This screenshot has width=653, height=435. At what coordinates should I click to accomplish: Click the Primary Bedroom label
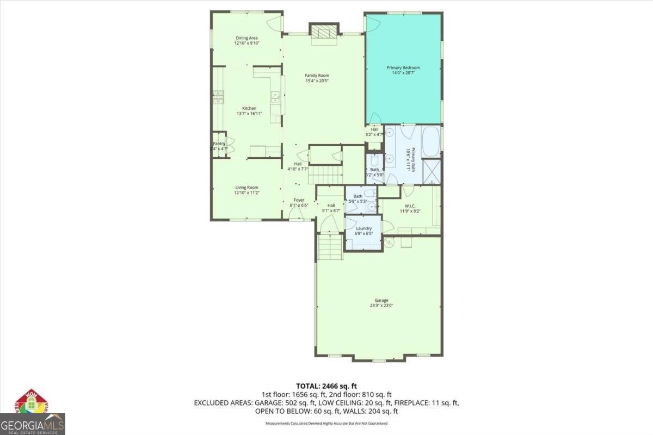[403, 68]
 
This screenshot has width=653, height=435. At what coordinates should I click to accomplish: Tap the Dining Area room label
[247, 38]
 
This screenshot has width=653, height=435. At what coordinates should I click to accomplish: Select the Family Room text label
[317, 76]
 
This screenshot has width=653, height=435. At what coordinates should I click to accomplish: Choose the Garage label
[381, 300]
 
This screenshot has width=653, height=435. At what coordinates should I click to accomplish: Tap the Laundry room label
[364, 228]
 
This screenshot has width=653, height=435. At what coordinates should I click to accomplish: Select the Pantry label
[219, 144]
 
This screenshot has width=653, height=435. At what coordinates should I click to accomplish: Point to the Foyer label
[299, 200]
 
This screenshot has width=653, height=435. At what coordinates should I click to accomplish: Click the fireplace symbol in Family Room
[323, 32]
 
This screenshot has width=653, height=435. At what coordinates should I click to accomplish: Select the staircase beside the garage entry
[330, 247]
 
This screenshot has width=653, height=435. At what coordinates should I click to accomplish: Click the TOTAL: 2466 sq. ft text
[326, 386]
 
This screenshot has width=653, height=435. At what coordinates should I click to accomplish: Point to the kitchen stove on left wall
[219, 97]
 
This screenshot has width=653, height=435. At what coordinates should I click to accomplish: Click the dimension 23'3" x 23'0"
[381, 306]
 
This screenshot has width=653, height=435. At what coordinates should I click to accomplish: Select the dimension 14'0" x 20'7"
[403, 73]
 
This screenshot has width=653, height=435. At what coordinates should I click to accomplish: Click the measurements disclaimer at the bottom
[326, 423]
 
